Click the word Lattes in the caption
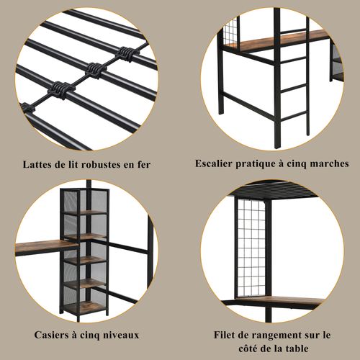(40, 164)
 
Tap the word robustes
(105, 164)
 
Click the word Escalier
(216, 163)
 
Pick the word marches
(330, 163)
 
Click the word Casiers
(54, 335)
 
